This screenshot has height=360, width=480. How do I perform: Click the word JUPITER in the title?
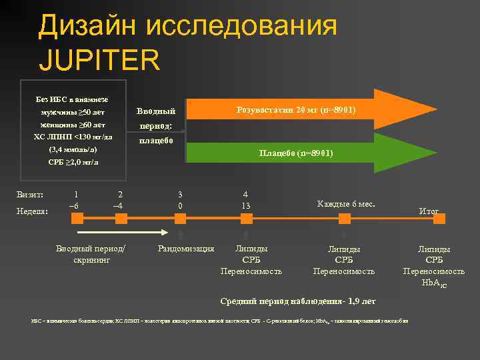[100, 59]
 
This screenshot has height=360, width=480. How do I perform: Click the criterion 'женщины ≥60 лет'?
[72, 125]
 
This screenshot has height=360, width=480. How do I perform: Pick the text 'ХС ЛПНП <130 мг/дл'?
[72, 138]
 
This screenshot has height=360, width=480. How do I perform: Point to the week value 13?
[246, 205]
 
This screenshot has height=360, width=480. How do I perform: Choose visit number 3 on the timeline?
[181, 194]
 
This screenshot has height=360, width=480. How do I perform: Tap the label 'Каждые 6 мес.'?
[347, 203]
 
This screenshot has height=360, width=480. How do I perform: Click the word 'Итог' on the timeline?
[429, 211]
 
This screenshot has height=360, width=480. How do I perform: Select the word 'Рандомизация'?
[185, 249]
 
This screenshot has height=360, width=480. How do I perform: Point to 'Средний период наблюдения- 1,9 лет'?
[298, 301]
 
